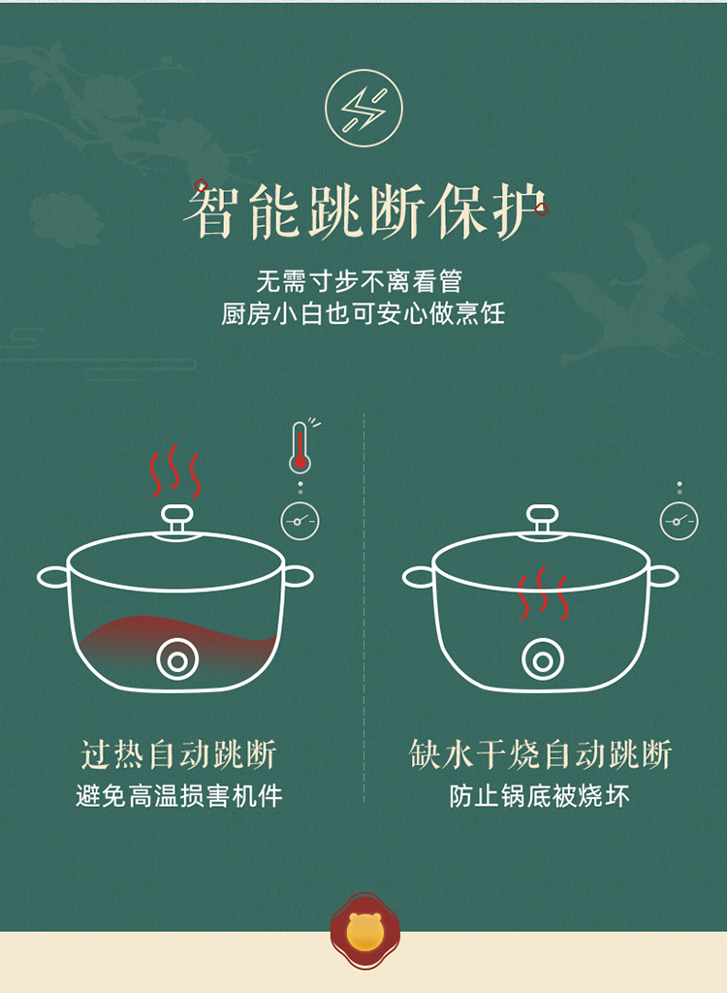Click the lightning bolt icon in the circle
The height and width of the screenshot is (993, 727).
pos(363,109)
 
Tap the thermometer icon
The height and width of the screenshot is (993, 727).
pos(300,448)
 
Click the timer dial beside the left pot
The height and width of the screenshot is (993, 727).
pos(300,521)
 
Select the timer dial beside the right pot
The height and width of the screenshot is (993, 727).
pos(679,521)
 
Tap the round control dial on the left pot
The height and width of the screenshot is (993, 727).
pos(177,659)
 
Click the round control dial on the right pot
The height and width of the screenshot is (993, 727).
pos(543,659)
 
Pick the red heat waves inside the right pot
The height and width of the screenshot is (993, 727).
pos(543,593)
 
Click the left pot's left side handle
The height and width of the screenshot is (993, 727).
pos(53,577)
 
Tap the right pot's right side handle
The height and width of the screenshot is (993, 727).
pos(662,577)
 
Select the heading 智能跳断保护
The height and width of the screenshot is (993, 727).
pos(364,210)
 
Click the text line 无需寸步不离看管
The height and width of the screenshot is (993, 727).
pos(359,281)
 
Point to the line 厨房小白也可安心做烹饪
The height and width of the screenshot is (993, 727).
pos(363,313)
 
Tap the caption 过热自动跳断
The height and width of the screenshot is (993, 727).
pos(178,754)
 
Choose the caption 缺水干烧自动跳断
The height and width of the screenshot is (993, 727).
pos(540,754)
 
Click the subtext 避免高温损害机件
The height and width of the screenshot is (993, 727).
pos(179,796)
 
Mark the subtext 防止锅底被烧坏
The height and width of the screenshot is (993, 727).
pos(540,796)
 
